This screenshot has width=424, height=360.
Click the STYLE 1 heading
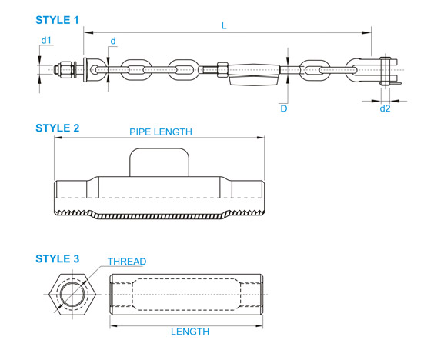[57, 20]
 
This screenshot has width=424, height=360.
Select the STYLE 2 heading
[57, 128]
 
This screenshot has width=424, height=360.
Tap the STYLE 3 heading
[57, 258]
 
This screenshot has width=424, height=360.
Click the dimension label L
[224, 25]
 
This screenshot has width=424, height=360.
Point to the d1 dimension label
[46, 40]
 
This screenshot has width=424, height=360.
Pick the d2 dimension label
[385, 108]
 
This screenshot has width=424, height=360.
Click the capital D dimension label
[284, 108]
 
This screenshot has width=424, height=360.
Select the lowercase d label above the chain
[113, 41]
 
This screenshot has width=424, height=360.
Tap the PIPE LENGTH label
[161, 132]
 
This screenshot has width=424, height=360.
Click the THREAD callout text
[127, 262]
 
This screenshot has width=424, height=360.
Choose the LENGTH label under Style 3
[190, 332]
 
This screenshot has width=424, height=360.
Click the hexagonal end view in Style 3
[72, 295]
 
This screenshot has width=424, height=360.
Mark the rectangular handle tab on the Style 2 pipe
[159, 162]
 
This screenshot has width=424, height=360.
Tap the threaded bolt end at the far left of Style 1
[65, 70]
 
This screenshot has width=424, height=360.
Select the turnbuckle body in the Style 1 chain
[254, 75]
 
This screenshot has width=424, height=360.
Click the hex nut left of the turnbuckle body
[222, 70]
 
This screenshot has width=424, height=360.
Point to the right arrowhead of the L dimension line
[366, 33]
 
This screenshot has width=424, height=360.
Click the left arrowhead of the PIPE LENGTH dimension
[58, 138]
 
